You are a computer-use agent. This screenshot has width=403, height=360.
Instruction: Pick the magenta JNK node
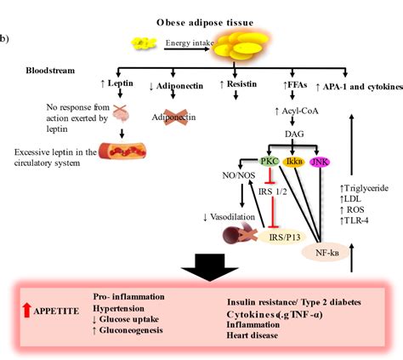[320, 160]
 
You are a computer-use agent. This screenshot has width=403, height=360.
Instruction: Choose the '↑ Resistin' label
[237, 86]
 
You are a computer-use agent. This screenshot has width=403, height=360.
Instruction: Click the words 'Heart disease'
[255, 335]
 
